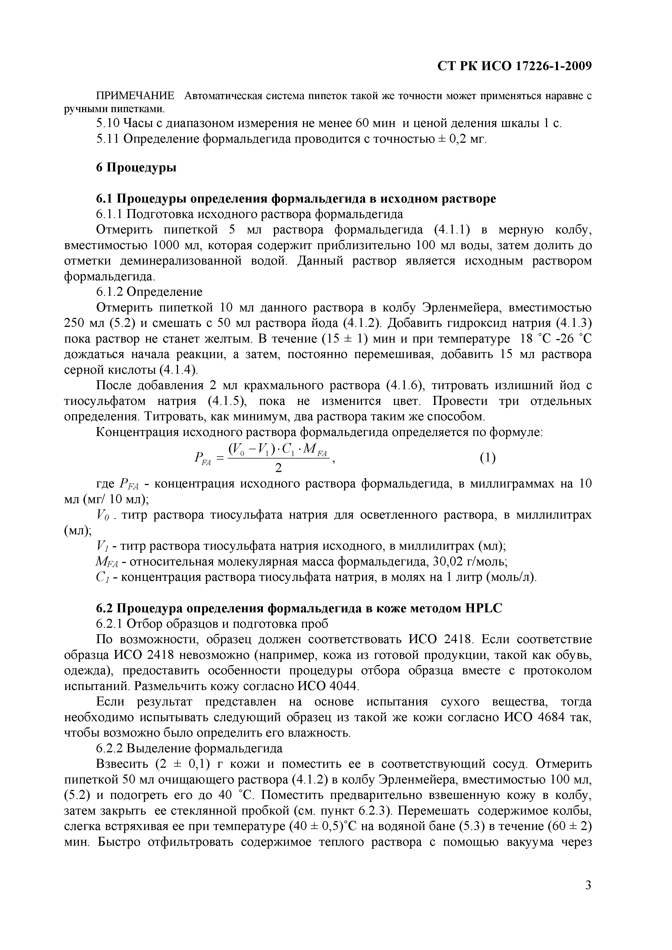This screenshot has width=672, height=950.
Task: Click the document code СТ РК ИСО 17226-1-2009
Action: (514, 66)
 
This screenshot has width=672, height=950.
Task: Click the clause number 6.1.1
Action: (110, 214)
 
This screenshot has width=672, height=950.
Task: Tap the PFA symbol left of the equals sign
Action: (202, 458)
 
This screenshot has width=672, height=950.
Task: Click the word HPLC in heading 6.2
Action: (483, 608)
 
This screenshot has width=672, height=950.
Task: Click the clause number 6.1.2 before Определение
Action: (110, 292)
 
